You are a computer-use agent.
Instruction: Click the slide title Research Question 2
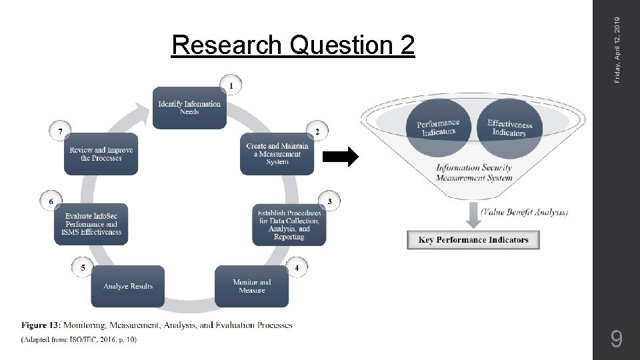(293, 45)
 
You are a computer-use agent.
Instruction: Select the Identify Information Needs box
(189, 107)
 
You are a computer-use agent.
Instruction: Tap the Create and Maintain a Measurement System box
(277, 154)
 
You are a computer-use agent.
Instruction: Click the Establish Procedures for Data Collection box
(289, 225)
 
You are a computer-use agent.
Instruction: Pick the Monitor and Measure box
(251, 287)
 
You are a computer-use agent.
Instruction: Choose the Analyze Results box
(127, 287)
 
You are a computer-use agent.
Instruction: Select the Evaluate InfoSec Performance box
(91, 225)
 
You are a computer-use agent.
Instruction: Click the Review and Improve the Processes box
(101, 154)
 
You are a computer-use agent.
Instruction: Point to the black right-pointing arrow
(341, 157)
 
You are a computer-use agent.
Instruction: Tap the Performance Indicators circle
(438, 128)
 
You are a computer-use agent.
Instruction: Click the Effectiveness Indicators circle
(510, 128)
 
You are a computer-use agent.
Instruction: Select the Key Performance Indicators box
(473, 240)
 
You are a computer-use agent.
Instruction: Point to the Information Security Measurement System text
(474, 173)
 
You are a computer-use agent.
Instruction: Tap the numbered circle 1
(231, 85)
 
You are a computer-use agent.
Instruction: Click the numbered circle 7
(61, 132)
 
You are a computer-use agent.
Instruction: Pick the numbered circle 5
(83, 267)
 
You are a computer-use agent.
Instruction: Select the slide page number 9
(617, 341)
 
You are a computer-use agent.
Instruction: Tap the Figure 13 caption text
(157, 325)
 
